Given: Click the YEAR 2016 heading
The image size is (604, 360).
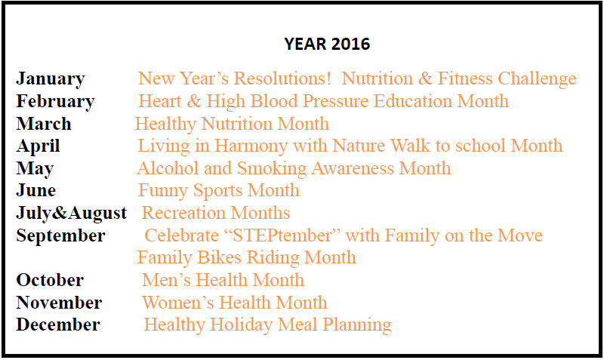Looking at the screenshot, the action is coord(327,44).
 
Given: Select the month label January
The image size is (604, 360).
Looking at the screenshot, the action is coord(51,79).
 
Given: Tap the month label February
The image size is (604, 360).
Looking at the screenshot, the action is coord(55,102).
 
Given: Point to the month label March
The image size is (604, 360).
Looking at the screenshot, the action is coord(44,124).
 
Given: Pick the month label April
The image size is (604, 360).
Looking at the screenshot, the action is coord(39,146).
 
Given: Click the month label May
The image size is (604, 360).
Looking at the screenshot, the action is coord(35,169).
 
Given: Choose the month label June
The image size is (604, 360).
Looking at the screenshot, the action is coord(36,190).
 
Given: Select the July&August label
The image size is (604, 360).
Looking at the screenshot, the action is coord(72,214).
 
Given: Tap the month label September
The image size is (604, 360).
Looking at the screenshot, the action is coord(61,236).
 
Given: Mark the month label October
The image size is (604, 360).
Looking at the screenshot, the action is coord(50,280).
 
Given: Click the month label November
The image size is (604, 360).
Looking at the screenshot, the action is coord(60,303).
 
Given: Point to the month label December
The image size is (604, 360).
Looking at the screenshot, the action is coord(58,325).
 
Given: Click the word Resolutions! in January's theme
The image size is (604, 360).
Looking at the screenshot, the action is coord(282,78).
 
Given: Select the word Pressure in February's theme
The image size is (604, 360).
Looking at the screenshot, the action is coord(335,101).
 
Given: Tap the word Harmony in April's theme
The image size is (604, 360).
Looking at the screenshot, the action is coord(251,146).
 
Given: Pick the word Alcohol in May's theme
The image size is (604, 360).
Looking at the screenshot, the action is coord(168,168).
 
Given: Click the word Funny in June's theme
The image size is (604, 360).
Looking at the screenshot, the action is coord(163,191).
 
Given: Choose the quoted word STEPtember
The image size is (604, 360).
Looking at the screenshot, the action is coord(282,236).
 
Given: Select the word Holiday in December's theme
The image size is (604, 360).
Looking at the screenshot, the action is coord(242,325).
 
